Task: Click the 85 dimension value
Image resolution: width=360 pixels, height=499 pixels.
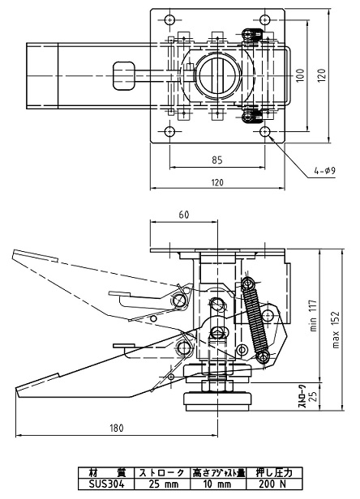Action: point(217,160)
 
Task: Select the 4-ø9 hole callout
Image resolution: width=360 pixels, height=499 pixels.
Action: point(325,171)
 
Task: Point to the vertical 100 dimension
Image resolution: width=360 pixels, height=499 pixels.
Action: point(301,75)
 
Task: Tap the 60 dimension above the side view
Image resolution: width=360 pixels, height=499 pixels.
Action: point(183,215)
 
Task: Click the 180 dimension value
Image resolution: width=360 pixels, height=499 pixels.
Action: point(116,428)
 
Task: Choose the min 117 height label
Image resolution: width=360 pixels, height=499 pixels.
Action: point(314,315)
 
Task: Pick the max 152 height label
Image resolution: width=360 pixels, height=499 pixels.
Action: point(336,330)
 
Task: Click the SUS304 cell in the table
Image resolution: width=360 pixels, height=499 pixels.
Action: point(106,484)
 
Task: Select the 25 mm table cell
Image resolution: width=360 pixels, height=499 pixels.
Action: point(162,484)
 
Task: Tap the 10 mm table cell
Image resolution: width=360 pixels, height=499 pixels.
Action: point(218,484)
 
